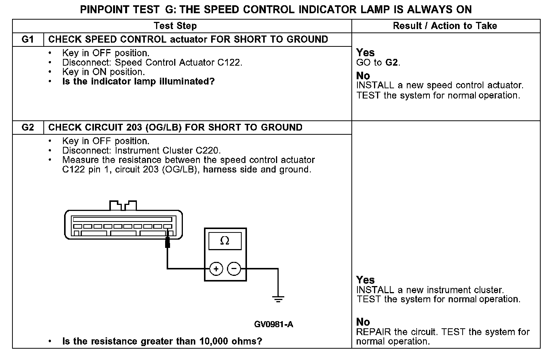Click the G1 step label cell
pyautogui.click(x=28, y=40)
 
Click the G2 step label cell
pyautogui.click(x=28, y=128)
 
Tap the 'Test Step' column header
pyautogui.click(x=175, y=26)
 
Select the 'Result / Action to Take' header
pyautogui.click(x=445, y=26)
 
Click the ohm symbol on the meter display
pyautogui.click(x=225, y=241)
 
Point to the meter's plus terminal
pyautogui.click(x=216, y=269)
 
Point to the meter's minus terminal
pyautogui.click(x=234, y=269)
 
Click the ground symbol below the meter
pyautogui.click(x=278, y=300)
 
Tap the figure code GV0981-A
pyautogui.click(x=273, y=325)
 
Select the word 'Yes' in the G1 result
pyautogui.click(x=365, y=52)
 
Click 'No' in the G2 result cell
pyautogui.click(x=363, y=322)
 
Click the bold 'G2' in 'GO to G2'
pyautogui.click(x=392, y=63)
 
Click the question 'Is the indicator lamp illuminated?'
pyautogui.click(x=138, y=82)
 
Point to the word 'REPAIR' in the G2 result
pyautogui.click(x=374, y=332)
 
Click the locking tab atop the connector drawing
pyautogui.click(x=123, y=205)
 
